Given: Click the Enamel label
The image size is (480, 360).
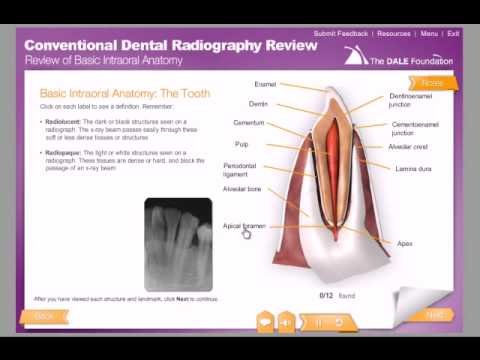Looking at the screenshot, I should coord(265,84).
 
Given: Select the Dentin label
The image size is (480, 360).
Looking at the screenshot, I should coord(258,103).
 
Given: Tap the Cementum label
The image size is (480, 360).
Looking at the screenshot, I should coord(249,123).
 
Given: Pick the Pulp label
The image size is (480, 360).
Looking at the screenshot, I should coord(242,144).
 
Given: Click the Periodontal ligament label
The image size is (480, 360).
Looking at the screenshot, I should coord(239,170).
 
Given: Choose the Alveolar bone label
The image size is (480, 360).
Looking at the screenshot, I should coord(242,188).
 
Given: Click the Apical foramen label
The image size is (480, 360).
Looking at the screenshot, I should coord(243,226).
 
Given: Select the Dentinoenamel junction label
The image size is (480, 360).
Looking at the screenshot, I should coord(412,100).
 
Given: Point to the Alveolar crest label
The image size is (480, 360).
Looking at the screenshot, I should coord(408,147).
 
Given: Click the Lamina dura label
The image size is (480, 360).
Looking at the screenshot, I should coord(413,168).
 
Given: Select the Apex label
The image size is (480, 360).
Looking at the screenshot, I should coord(405,243).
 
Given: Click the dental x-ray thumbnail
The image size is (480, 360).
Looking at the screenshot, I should coord(178,244).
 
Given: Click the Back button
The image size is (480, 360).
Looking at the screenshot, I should coord(44,316).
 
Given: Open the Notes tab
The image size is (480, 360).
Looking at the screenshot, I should coord(433,83).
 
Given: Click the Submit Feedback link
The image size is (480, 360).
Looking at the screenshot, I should coord(341,33).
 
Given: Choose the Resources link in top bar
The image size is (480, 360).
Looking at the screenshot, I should coord(394,33).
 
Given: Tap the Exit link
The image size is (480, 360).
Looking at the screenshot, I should coord(453,33).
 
